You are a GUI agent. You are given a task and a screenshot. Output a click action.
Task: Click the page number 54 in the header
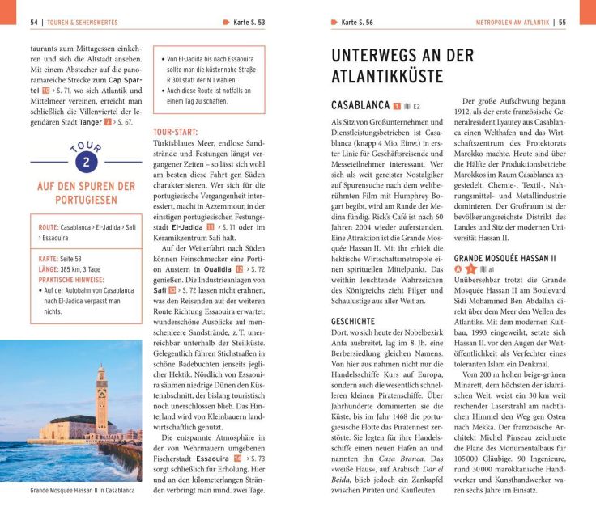[34, 23]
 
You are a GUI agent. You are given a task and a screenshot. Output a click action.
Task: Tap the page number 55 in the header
[562, 23]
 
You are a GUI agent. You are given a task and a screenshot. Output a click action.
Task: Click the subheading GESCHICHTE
[352, 298]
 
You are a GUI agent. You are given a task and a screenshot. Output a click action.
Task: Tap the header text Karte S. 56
[357, 23]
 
